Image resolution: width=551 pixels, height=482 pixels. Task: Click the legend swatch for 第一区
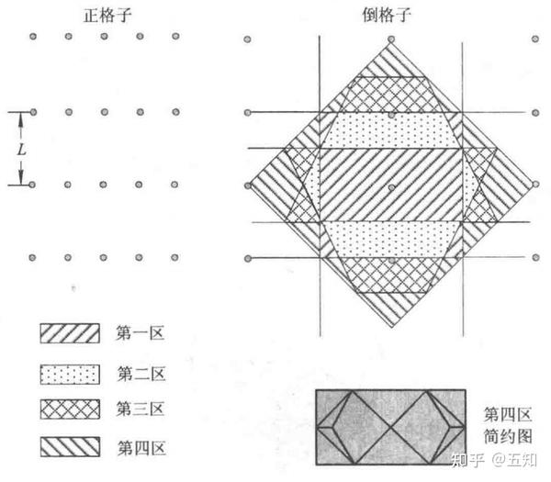pyautogui.click(x=69, y=333)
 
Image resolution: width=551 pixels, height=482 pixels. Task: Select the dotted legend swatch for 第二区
pyautogui.click(x=69, y=374)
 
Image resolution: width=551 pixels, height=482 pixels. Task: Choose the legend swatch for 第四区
pyautogui.click(x=69, y=447)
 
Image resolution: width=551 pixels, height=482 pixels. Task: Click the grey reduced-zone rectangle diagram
pyautogui.click(x=394, y=426)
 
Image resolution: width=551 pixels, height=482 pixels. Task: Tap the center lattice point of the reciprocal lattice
pyautogui.click(x=391, y=186)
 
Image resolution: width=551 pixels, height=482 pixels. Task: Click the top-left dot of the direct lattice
pyautogui.click(x=33, y=37)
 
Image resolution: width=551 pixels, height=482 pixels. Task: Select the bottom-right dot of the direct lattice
pyautogui.click(x=175, y=257)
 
